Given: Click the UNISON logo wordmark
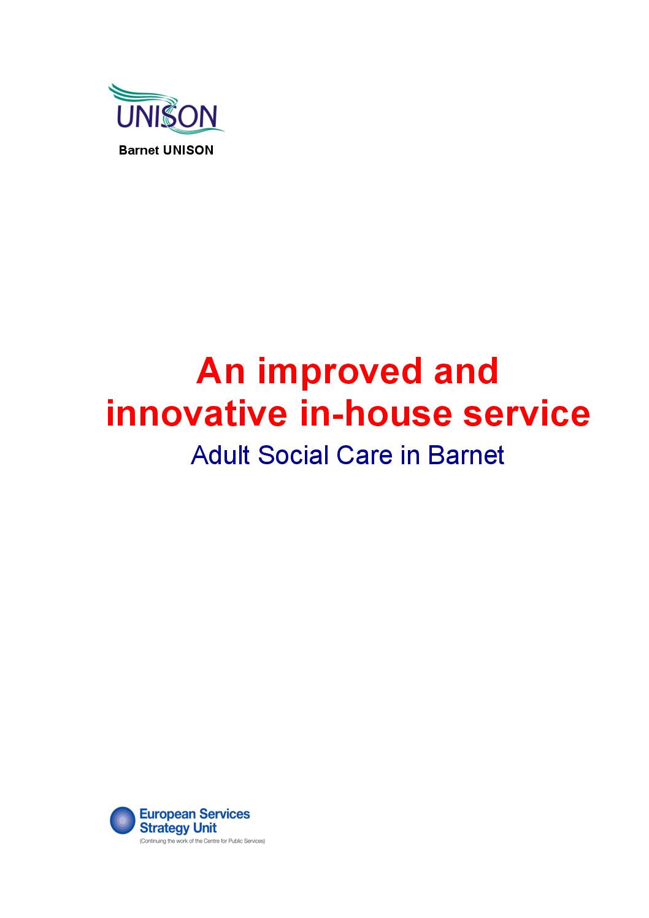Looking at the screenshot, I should click(166, 117).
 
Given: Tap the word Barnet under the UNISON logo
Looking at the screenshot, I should click(139, 150).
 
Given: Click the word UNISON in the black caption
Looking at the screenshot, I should click(188, 150).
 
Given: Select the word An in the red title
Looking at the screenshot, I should click(221, 372).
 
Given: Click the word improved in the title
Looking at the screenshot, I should click(340, 372).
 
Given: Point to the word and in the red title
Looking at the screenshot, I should click(466, 372).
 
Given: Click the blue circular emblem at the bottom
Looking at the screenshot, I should click(123, 820).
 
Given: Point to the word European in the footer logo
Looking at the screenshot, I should click(167, 814).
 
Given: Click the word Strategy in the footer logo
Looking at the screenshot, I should click(163, 828).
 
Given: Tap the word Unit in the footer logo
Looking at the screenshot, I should click(205, 828).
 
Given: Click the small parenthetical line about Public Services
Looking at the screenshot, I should click(202, 841).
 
